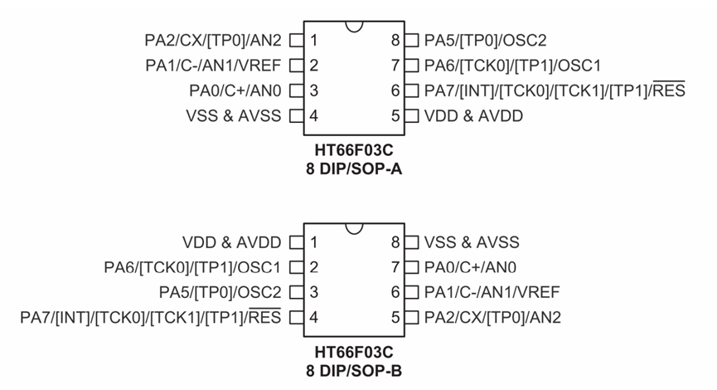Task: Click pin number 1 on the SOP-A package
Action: pyautogui.click(x=314, y=40)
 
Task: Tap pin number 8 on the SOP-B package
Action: pyautogui.click(x=395, y=242)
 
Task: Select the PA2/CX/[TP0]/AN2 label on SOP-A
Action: pyautogui.click(x=213, y=40)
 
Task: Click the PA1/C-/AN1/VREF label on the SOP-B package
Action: pyautogui.click(x=492, y=292)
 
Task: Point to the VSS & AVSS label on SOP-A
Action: pyautogui.click(x=233, y=115)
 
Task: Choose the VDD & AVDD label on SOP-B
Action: pyautogui.click(x=233, y=242)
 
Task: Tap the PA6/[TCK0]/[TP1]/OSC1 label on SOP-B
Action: pyautogui.click(x=192, y=267)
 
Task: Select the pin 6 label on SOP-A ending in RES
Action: pyautogui.click(x=555, y=90)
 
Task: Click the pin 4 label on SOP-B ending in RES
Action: pyautogui.click(x=151, y=317)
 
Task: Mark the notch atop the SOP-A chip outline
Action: pyautogui.click(x=355, y=27)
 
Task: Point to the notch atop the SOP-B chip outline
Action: pyautogui.click(x=355, y=229)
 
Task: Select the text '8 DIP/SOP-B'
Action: pyautogui.click(x=354, y=370)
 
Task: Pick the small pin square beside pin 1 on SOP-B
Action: pyautogui.click(x=296, y=242)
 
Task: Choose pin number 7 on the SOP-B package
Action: pyautogui.click(x=395, y=267)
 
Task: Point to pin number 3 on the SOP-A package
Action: pyautogui.click(x=314, y=90)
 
